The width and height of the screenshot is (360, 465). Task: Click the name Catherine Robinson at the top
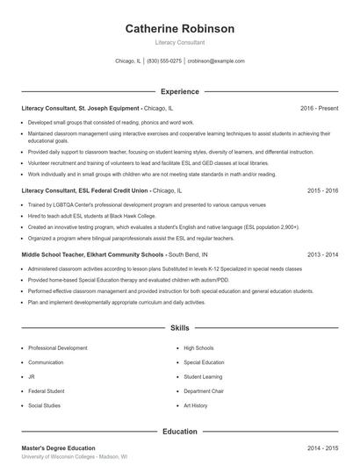pyautogui.click(x=179, y=28)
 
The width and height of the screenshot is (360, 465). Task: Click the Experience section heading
pyautogui.click(x=179, y=90)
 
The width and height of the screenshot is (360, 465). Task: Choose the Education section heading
pyautogui.click(x=179, y=431)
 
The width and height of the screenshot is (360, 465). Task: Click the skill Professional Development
pyautogui.click(x=58, y=347)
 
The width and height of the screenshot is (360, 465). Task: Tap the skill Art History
pyautogui.click(x=196, y=406)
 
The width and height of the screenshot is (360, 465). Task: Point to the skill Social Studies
pyautogui.click(x=46, y=406)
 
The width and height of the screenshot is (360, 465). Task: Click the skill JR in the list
pyautogui.click(x=32, y=376)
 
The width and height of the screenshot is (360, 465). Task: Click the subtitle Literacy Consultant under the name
pyautogui.click(x=179, y=42)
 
